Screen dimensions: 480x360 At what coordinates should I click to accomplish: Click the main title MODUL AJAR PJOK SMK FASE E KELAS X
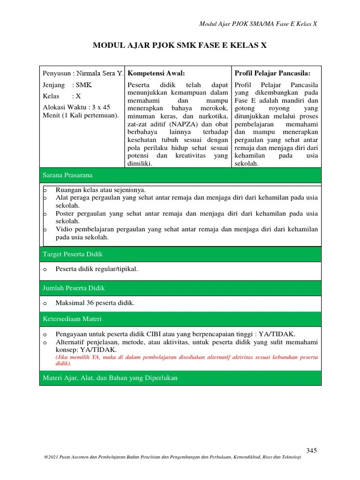(180, 45)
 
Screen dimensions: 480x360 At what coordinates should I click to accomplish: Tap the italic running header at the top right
(258, 23)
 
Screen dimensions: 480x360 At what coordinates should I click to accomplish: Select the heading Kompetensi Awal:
(156, 73)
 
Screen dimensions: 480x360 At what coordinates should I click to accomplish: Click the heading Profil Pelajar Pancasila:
(272, 73)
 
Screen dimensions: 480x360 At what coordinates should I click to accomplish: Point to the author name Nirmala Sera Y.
(100, 74)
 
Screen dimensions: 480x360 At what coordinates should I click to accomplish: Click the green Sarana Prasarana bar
(180, 175)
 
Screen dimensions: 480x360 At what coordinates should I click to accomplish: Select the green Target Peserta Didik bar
(180, 254)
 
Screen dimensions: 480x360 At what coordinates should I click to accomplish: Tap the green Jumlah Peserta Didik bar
(180, 288)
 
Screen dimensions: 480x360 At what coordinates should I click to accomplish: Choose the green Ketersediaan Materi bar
(180, 319)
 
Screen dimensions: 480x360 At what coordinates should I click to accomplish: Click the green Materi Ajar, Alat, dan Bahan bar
(180, 378)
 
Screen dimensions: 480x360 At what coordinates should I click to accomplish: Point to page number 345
(312, 450)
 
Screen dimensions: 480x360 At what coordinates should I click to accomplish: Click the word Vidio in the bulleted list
(64, 229)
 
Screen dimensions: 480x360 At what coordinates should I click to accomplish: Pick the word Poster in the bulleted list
(65, 214)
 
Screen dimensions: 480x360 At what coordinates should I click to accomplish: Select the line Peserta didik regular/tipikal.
(97, 269)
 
